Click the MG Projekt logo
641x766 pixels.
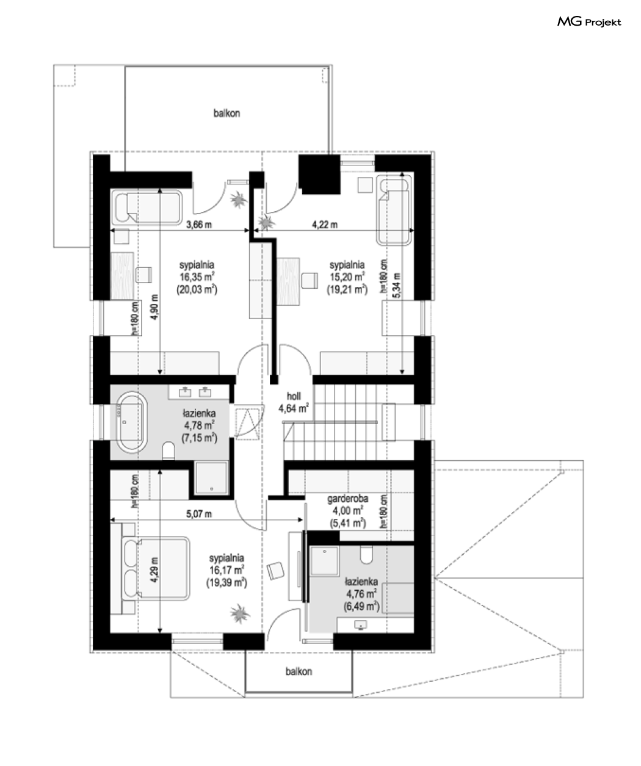click(589, 22)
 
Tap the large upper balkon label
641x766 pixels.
click(226, 113)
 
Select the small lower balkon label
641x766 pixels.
click(299, 671)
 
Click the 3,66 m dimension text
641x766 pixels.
click(199, 225)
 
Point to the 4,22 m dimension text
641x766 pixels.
click(325, 225)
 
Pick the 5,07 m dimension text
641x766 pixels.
click(199, 514)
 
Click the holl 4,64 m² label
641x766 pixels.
click(294, 402)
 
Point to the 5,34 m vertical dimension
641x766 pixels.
click(397, 286)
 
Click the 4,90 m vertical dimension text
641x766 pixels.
click(154, 307)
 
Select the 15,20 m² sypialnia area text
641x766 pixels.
click(347, 277)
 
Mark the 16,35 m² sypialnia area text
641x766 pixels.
click(197, 277)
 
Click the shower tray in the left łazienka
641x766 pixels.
click(212, 478)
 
